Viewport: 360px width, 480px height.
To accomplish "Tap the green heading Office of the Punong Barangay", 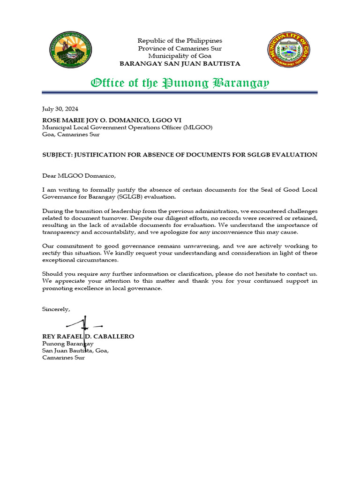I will [x=180, y=83].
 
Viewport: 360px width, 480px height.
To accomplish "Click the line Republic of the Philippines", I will [x=180, y=41].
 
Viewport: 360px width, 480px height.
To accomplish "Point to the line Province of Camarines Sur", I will [x=180, y=48].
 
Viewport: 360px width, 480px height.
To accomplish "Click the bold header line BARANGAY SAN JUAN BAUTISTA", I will [x=180, y=63].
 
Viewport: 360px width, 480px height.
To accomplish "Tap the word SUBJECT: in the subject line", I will [x=57, y=155].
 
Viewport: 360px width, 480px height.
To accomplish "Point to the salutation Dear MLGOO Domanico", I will [x=78, y=176].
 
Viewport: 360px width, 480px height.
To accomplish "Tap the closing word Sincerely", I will [x=56, y=309].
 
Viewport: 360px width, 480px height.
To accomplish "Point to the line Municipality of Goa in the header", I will [x=180, y=56].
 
